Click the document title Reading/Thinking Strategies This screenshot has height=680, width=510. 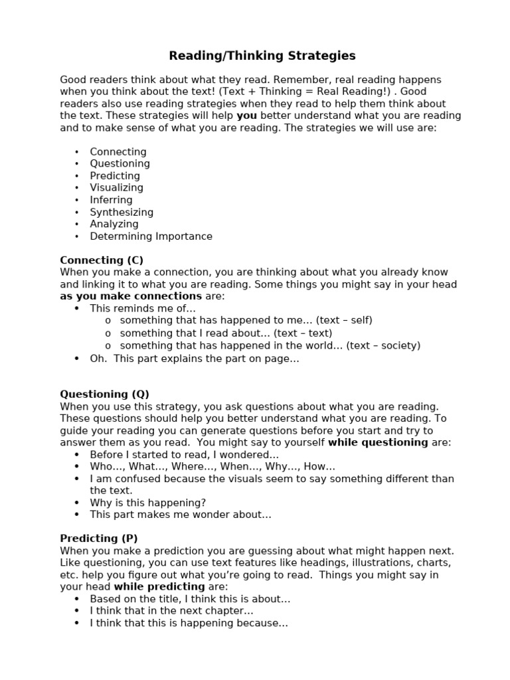coord(262,56)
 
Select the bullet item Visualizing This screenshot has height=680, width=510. coord(116,188)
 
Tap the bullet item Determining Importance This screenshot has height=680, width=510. coord(151,236)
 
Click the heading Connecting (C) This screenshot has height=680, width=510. coord(102,260)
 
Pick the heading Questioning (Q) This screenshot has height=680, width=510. coord(105,394)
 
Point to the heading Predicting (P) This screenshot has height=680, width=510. coord(99,539)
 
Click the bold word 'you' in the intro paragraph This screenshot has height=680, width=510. coord(246,116)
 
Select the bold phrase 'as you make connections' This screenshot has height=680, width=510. coord(131,296)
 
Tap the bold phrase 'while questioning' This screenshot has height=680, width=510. coord(378,442)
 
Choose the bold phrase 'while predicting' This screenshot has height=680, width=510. coord(159,587)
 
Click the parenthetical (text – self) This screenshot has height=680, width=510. coord(344,321)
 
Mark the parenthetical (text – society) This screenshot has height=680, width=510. coord(383,345)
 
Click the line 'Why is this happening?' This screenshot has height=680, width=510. coord(148,503)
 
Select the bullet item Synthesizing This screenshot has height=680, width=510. coord(122,212)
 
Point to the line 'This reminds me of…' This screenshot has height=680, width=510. coord(143,309)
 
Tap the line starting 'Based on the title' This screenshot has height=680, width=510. coord(190,599)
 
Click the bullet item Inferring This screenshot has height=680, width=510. coord(111,200)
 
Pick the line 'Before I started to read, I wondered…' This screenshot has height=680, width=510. coord(184,455)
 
